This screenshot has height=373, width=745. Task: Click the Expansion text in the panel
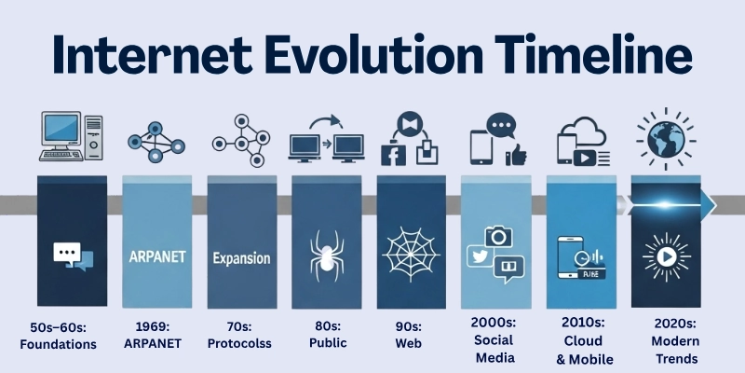pos(241,258)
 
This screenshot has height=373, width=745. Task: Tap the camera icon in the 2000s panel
pos(500,237)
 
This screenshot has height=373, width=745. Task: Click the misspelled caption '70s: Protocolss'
pos(240,336)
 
